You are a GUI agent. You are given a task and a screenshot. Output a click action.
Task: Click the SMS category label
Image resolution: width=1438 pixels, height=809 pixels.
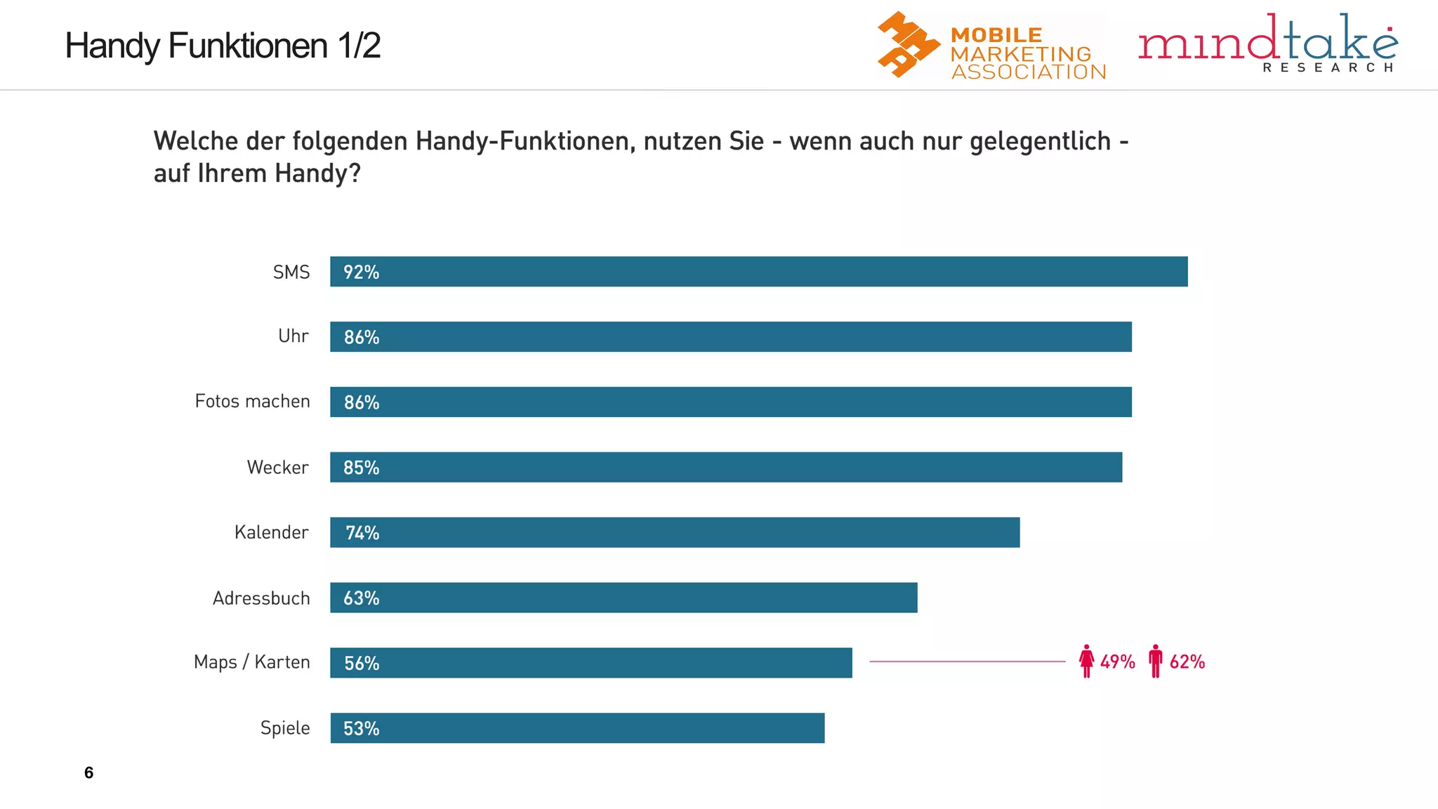[x=291, y=272]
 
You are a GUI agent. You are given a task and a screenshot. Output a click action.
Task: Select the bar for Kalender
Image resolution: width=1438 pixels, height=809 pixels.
[x=674, y=532]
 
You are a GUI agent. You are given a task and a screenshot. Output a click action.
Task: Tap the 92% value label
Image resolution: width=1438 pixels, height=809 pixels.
[x=361, y=272]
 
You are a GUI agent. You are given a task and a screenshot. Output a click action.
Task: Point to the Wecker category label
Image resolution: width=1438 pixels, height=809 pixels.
[x=277, y=467]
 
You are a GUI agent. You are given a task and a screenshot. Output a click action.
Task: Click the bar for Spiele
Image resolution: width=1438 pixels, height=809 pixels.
[x=577, y=728]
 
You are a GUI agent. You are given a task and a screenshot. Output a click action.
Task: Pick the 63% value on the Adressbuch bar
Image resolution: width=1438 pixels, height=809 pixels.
[x=361, y=598]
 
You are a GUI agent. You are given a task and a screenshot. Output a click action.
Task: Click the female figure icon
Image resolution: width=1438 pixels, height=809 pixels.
[x=1086, y=661]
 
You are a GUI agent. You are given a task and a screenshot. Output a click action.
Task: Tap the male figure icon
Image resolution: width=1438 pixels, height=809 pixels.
[x=1155, y=661]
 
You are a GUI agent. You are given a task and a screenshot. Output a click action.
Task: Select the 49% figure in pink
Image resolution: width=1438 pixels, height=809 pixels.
[x=1117, y=662]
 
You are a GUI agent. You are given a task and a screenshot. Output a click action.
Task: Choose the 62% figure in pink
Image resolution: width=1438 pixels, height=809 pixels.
[x=1187, y=662]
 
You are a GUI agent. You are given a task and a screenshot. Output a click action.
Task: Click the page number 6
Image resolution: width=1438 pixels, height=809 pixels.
[x=88, y=772]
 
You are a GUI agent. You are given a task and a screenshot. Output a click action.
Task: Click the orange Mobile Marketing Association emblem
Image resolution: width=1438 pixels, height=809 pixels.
[x=907, y=44]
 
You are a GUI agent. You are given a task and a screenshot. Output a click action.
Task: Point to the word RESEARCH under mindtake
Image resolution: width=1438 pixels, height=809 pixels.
[x=1327, y=67]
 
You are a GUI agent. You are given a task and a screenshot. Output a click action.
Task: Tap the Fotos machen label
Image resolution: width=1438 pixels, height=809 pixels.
[x=252, y=401]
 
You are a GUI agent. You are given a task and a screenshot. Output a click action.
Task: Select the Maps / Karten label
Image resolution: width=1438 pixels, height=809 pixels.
[x=251, y=662]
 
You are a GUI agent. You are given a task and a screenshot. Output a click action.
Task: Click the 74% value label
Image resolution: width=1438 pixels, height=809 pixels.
[x=362, y=533]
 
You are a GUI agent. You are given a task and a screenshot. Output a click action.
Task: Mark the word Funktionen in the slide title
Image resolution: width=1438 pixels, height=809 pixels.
[x=248, y=46]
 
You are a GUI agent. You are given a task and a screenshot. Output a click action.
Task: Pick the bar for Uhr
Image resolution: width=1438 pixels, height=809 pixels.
[x=730, y=336]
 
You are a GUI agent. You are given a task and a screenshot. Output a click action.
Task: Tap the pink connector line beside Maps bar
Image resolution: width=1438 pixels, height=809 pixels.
[x=967, y=662]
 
